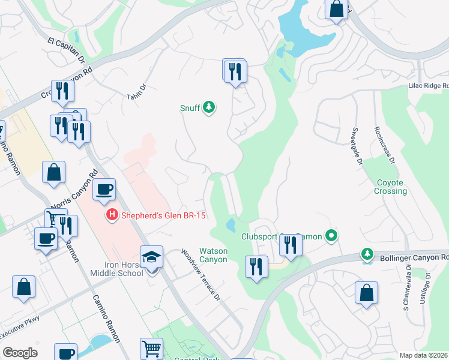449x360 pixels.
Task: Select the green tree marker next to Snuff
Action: tap(209, 108)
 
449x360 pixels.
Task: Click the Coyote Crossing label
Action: tap(392, 187)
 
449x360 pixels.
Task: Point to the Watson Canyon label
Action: tap(213, 255)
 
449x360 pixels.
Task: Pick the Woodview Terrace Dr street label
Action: tap(202, 276)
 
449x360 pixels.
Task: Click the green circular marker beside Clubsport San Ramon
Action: tap(330, 236)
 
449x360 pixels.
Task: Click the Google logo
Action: tap(20, 353)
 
